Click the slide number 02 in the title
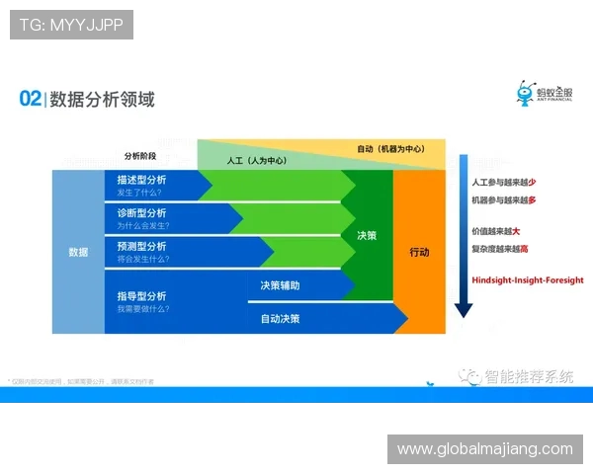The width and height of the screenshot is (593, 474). coord(30,99)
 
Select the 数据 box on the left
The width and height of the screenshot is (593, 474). coord(78,252)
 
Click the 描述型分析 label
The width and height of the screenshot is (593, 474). coord(141,180)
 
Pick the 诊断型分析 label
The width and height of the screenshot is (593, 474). coord(141,212)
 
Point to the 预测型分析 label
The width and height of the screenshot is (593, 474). coord(141,245)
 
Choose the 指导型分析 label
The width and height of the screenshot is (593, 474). coord(141,295)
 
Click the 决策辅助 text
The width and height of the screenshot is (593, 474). coord(280,284)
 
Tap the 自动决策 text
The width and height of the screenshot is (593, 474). coord(280,319)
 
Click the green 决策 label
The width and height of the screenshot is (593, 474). coord(367,236)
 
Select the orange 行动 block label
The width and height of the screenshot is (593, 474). coord(420,252)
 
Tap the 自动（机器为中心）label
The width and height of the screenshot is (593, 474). coord(389,148)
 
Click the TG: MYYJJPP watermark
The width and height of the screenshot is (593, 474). coord(71,25)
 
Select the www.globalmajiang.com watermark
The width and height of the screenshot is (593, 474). coord(484,449)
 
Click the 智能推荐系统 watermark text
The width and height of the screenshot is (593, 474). coord(529,376)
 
